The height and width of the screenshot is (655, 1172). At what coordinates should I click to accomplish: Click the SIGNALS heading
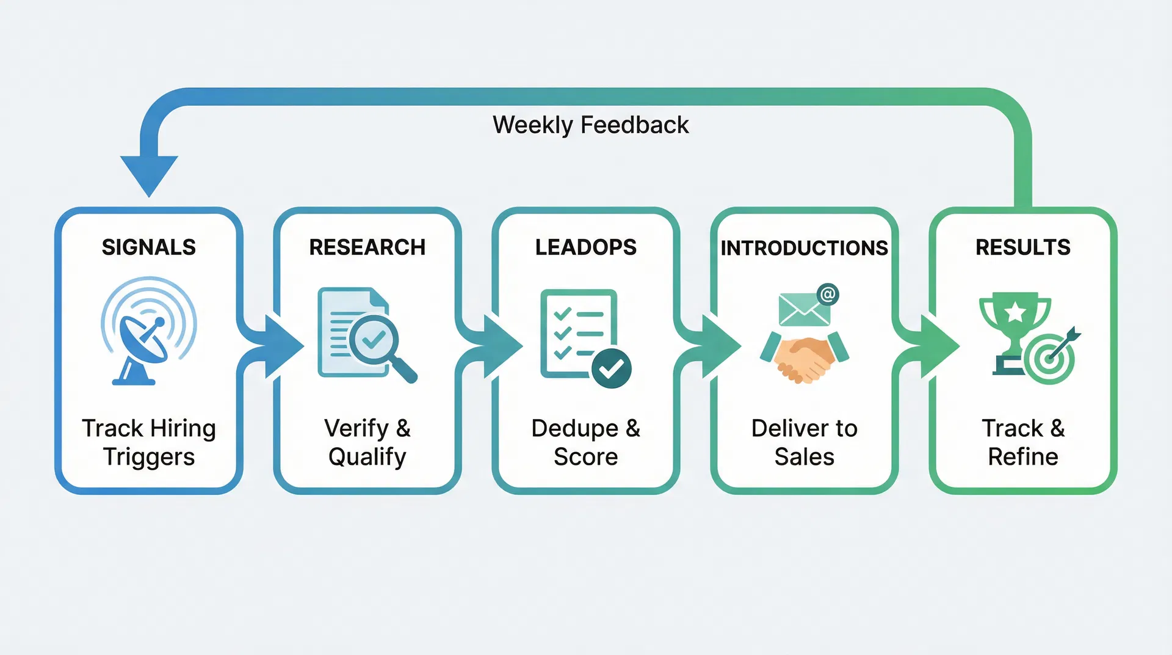[x=148, y=247]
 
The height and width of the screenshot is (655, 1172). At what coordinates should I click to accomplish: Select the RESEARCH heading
[x=367, y=247]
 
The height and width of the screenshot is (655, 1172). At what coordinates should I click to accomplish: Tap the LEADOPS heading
[x=585, y=247]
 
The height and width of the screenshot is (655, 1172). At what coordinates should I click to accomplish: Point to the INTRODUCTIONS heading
[x=804, y=248]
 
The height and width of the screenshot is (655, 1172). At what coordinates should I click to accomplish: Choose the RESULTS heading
[x=1022, y=247]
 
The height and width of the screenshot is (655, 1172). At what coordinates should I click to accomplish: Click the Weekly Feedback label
[x=590, y=125]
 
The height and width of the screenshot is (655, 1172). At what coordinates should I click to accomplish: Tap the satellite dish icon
[x=144, y=342]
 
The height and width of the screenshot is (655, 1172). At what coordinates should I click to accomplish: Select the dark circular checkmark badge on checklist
[x=611, y=368]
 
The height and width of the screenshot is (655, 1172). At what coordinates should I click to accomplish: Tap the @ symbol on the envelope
[x=828, y=295]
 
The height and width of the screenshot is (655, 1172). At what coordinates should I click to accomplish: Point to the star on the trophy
[x=1015, y=312]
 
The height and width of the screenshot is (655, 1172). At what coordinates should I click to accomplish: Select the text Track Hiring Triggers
[x=148, y=442]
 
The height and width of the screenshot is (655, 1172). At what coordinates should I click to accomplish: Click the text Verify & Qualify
[x=367, y=442]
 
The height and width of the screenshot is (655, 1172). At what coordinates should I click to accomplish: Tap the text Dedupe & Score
[x=585, y=442]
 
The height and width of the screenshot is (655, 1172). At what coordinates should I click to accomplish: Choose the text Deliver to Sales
[x=804, y=442]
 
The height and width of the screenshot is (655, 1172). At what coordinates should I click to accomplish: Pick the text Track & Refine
[x=1022, y=442]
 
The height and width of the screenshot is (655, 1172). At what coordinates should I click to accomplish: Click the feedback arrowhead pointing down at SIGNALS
[x=149, y=174]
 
